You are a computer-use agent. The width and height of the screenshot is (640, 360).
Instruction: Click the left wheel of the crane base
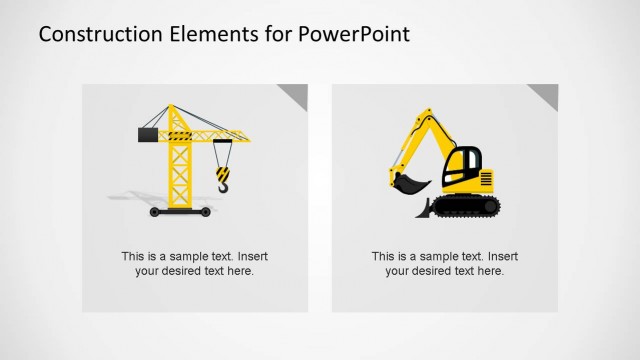154,212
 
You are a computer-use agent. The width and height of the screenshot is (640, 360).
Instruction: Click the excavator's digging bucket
409,185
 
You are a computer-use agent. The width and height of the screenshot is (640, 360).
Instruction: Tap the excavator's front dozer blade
424,209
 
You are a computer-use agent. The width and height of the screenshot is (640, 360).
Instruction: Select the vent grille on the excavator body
487,180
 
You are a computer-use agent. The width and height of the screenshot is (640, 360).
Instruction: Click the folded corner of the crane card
295,95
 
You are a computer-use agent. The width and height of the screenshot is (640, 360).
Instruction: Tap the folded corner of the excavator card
545,95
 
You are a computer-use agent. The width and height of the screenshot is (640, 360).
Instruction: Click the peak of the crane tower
173,106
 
